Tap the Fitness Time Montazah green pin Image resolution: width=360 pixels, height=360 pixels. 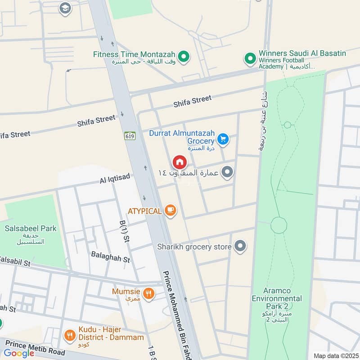183,57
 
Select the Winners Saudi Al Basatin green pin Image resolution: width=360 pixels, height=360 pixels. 250,58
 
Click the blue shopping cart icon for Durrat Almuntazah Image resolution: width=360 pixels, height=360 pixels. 223,139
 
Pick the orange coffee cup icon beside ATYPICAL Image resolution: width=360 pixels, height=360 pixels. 170,210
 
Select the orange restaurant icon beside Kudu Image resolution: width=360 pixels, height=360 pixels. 69,334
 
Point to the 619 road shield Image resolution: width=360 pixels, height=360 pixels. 130,135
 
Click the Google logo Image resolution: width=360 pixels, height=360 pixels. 19,353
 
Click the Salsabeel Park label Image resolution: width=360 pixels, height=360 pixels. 31,229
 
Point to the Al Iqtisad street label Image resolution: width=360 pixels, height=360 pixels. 115,179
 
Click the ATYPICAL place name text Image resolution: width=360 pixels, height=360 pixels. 144,211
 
